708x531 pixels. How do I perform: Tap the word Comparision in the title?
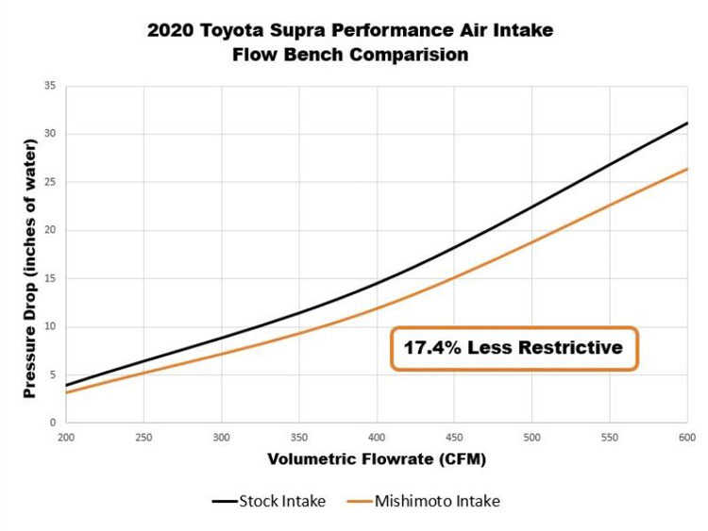pos(410,55)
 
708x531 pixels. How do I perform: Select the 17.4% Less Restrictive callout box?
pos(514,348)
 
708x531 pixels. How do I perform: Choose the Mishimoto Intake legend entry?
pos(437,501)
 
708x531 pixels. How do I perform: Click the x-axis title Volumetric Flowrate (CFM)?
pos(376,459)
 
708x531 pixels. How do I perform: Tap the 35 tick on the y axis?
pos(49,86)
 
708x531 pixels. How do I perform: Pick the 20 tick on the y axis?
pos(49,230)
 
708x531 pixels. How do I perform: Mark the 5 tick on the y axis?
pos(52,374)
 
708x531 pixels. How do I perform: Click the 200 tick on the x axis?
pos(66,439)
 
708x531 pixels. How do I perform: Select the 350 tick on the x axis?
pos(298,439)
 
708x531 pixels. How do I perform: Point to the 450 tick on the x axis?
pos(454,439)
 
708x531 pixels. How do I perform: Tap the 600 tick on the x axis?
pos(686,439)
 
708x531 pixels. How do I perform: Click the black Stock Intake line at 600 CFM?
pos(686,124)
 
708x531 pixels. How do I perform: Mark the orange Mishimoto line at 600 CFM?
pos(686,170)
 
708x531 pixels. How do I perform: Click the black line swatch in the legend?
pos(224,502)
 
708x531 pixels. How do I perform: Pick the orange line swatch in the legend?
pos(360,502)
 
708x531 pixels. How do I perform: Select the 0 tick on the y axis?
pos(52,423)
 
